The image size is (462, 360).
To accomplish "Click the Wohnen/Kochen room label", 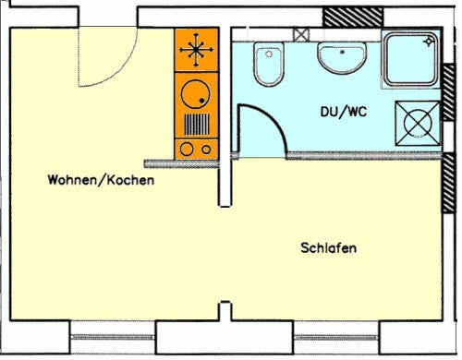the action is (x=101, y=180).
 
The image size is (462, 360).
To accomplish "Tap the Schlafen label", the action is (x=329, y=247).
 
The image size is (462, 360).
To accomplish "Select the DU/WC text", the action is (x=344, y=112).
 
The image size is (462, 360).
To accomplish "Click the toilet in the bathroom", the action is (x=269, y=64).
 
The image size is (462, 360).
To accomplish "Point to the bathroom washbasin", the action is (x=342, y=58).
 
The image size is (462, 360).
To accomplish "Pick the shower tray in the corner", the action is (x=410, y=59).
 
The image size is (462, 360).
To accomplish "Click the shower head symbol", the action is (x=429, y=42).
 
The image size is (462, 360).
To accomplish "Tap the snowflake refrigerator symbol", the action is (x=196, y=50).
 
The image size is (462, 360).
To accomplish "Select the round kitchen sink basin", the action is (x=196, y=94).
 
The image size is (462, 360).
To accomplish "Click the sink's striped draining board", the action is (x=197, y=125).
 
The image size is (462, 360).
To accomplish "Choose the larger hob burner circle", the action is (x=187, y=150).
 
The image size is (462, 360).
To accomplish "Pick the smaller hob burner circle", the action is (x=206, y=150).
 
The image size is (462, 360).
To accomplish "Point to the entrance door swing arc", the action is (x=119, y=71).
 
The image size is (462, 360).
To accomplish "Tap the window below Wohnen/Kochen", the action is (x=113, y=337).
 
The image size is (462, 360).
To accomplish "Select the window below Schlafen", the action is (x=336, y=337).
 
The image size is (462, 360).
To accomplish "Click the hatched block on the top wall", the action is (x=353, y=18).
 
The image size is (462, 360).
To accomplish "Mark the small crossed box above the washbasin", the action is (x=301, y=34).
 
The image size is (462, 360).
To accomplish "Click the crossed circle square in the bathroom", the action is (x=418, y=123).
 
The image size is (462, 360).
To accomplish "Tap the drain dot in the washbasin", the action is (x=342, y=52).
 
